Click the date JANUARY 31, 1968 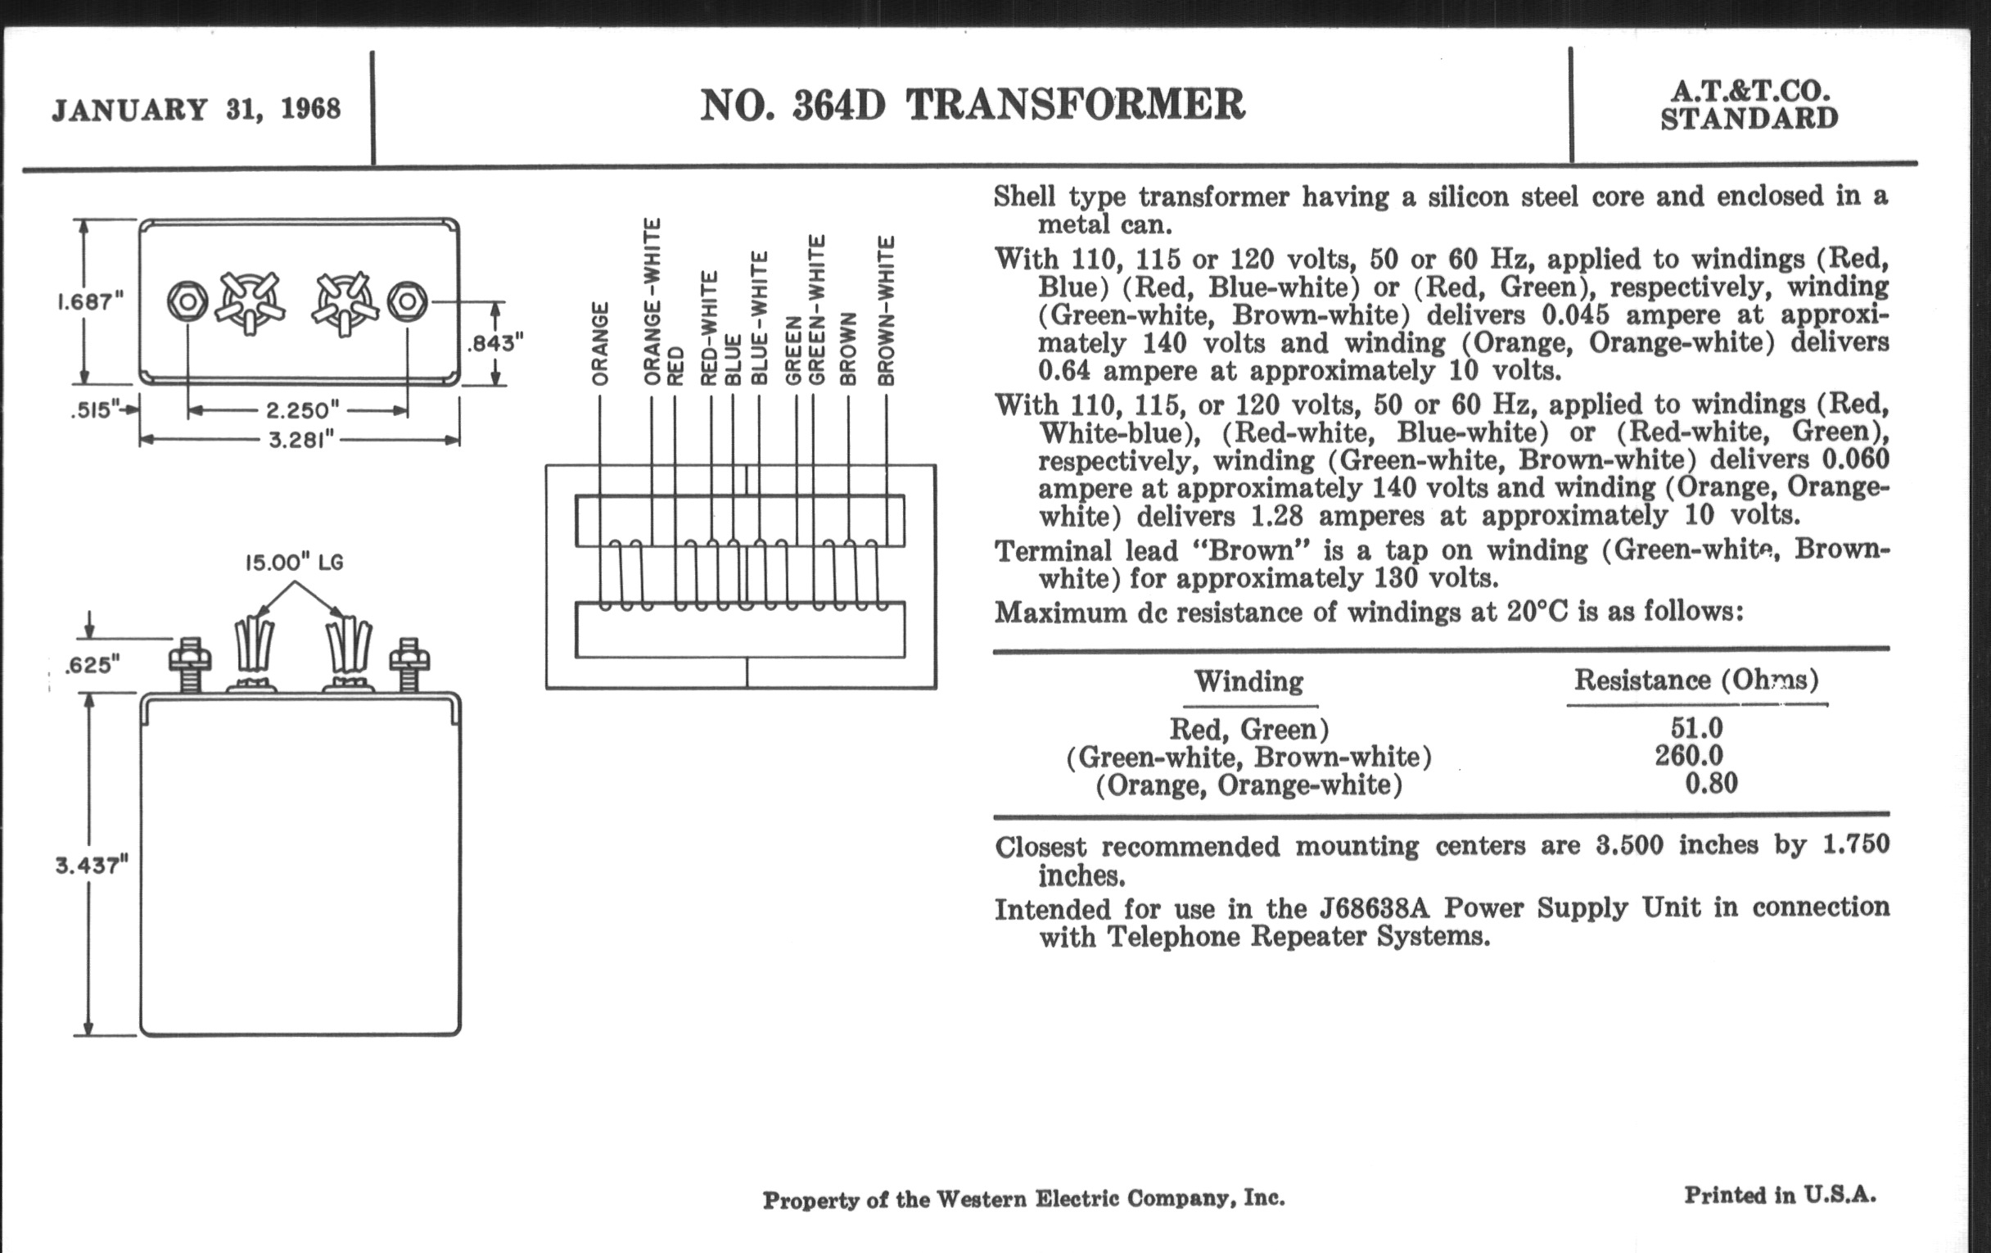tap(196, 109)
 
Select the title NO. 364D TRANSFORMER tap(973, 105)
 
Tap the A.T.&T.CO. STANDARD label tap(1749, 106)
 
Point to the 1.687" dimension tap(90, 302)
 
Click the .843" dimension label tap(495, 342)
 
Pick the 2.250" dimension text tap(303, 410)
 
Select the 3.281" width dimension tap(301, 439)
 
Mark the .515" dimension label tap(93, 410)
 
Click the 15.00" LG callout tap(295, 563)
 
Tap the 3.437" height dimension tap(92, 865)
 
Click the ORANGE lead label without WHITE tap(600, 343)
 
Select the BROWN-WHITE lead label tap(887, 310)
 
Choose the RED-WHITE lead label tap(709, 328)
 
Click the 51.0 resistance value tap(1696, 728)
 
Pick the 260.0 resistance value tap(1689, 756)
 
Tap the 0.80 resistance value tap(1711, 783)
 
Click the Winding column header tap(1248, 681)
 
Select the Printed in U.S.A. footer tap(1780, 1195)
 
